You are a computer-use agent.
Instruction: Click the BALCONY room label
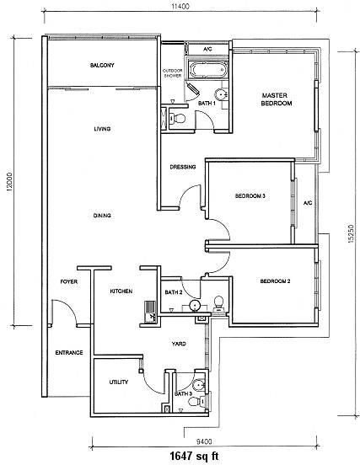[102, 65]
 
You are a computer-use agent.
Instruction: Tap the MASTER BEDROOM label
[277, 99]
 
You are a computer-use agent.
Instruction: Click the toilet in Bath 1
[177, 119]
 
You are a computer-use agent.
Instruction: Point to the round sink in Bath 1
[221, 94]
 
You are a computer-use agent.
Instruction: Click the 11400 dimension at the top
[180, 6]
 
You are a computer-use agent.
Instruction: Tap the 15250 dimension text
[351, 233]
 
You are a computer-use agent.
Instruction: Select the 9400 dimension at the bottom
[204, 442]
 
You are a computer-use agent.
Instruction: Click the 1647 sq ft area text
[194, 456]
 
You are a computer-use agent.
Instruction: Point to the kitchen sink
[150, 312]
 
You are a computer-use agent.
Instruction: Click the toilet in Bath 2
[219, 303]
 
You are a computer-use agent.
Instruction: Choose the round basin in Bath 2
[195, 306]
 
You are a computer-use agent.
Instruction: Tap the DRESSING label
[183, 167]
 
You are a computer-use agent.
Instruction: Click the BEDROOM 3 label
[250, 196]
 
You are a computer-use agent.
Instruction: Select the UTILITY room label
[119, 382]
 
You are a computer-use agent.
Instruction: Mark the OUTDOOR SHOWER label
[173, 73]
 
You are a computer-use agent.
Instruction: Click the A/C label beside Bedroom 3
[308, 203]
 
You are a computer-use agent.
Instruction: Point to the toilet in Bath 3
[196, 402]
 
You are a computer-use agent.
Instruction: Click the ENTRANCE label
[69, 353]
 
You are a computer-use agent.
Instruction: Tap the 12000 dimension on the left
[10, 183]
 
